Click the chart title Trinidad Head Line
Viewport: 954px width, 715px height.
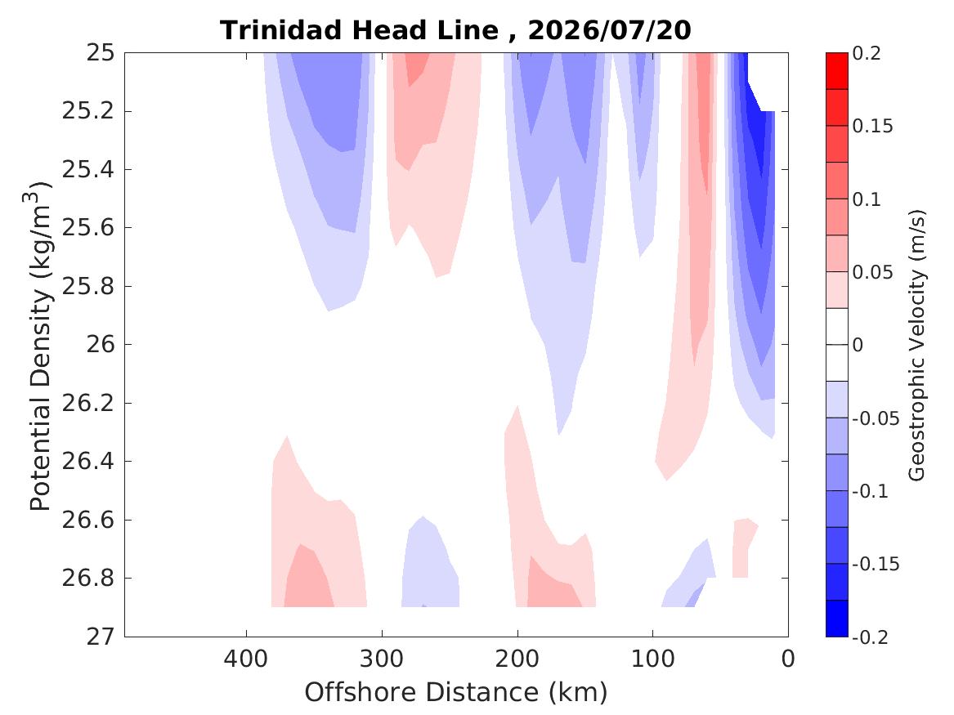click(360, 30)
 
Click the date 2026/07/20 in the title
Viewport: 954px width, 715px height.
click(609, 30)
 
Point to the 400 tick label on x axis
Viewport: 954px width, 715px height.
click(246, 659)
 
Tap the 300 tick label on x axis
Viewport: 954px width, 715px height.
click(382, 659)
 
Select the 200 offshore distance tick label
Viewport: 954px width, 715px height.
click(517, 659)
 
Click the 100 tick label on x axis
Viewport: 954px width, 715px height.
click(653, 659)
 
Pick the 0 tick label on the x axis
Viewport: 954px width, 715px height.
click(788, 659)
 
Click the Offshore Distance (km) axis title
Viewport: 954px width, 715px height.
click(455, 692)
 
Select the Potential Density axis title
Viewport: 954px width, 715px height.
click(38, 346)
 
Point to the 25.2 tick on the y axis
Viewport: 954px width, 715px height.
click(88, 111)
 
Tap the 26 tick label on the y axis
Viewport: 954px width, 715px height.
click(100, 345)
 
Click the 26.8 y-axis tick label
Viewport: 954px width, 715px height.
click(88, 578)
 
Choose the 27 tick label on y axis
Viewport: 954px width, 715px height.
click(100, 637)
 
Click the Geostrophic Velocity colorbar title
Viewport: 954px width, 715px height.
click(916, 346)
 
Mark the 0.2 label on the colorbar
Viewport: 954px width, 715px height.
click(867, 53)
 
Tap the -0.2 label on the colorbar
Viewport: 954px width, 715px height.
click(870, 637)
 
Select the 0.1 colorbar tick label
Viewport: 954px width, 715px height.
click(867, 199)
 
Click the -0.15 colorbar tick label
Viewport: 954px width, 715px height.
click(876, 564)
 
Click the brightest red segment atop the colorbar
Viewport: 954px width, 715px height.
click(836, 71)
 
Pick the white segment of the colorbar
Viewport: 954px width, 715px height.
click(836, 345)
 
